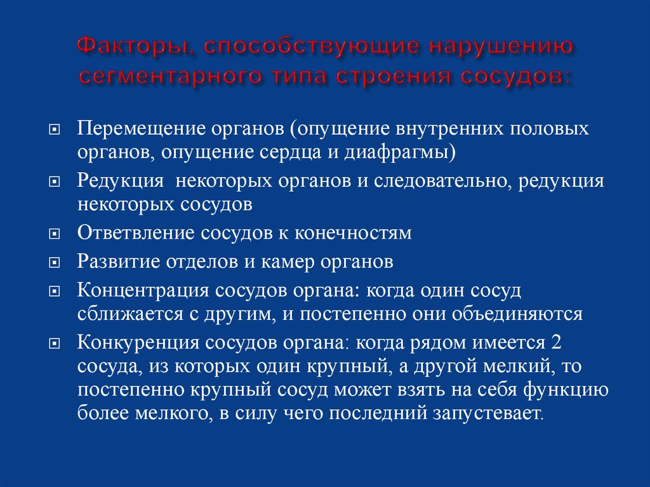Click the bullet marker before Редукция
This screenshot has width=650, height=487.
pos(55,182)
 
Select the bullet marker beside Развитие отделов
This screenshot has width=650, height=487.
pos(55,262)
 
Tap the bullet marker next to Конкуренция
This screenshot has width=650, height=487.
pos(55,343)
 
